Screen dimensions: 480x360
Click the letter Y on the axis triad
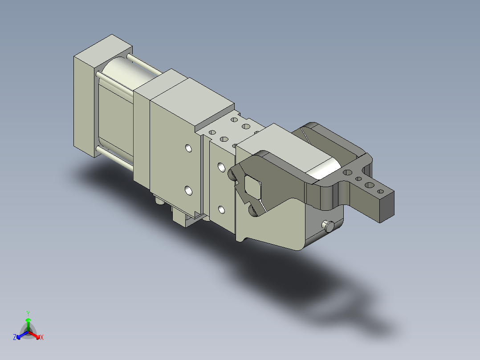point(28,313)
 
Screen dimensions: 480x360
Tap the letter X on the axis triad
point(42,337)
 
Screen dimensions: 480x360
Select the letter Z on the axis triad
point(15,337)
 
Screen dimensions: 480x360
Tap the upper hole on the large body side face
point(189,148)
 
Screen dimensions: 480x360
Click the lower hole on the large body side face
point(189,191)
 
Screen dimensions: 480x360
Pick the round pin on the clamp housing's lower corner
point(329,226)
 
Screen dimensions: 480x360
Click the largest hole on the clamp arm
point(370,185)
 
